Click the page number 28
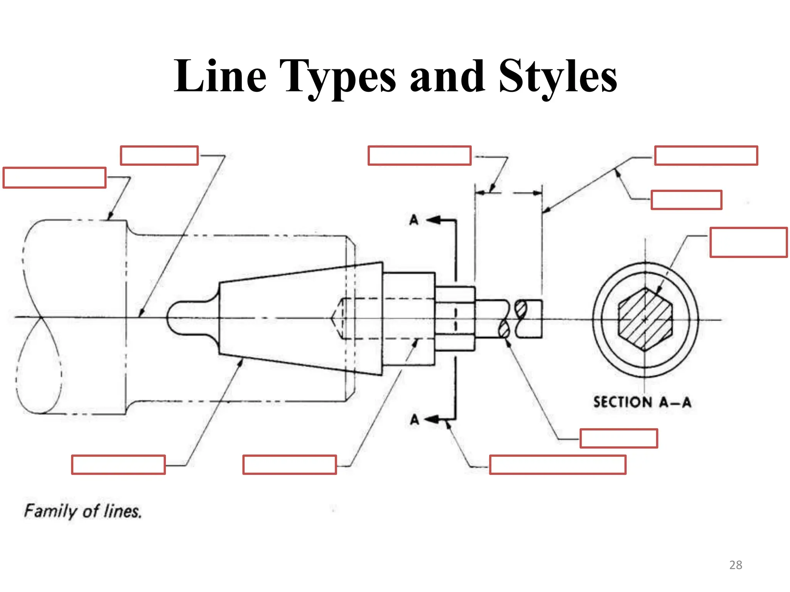pyautogui.click(x=736, y=565)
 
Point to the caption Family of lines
pyautogui.click(x=83, y=511)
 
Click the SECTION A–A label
pyautogui.click(x=642, y=402)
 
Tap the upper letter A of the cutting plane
pyautogui.click(x=414, y=220)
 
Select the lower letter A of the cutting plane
pyautogui.click(x=414, y=419)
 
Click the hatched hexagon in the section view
pyautogui.click(x=645, y=319)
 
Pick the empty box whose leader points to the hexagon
pyautogui.click(x=748, y=242)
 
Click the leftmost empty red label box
pyautogui.click(x=54, y=178)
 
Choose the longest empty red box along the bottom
pyautogui.click(x=557, y=464)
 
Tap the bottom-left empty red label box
pyautogui.click(x=118, y=464)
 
